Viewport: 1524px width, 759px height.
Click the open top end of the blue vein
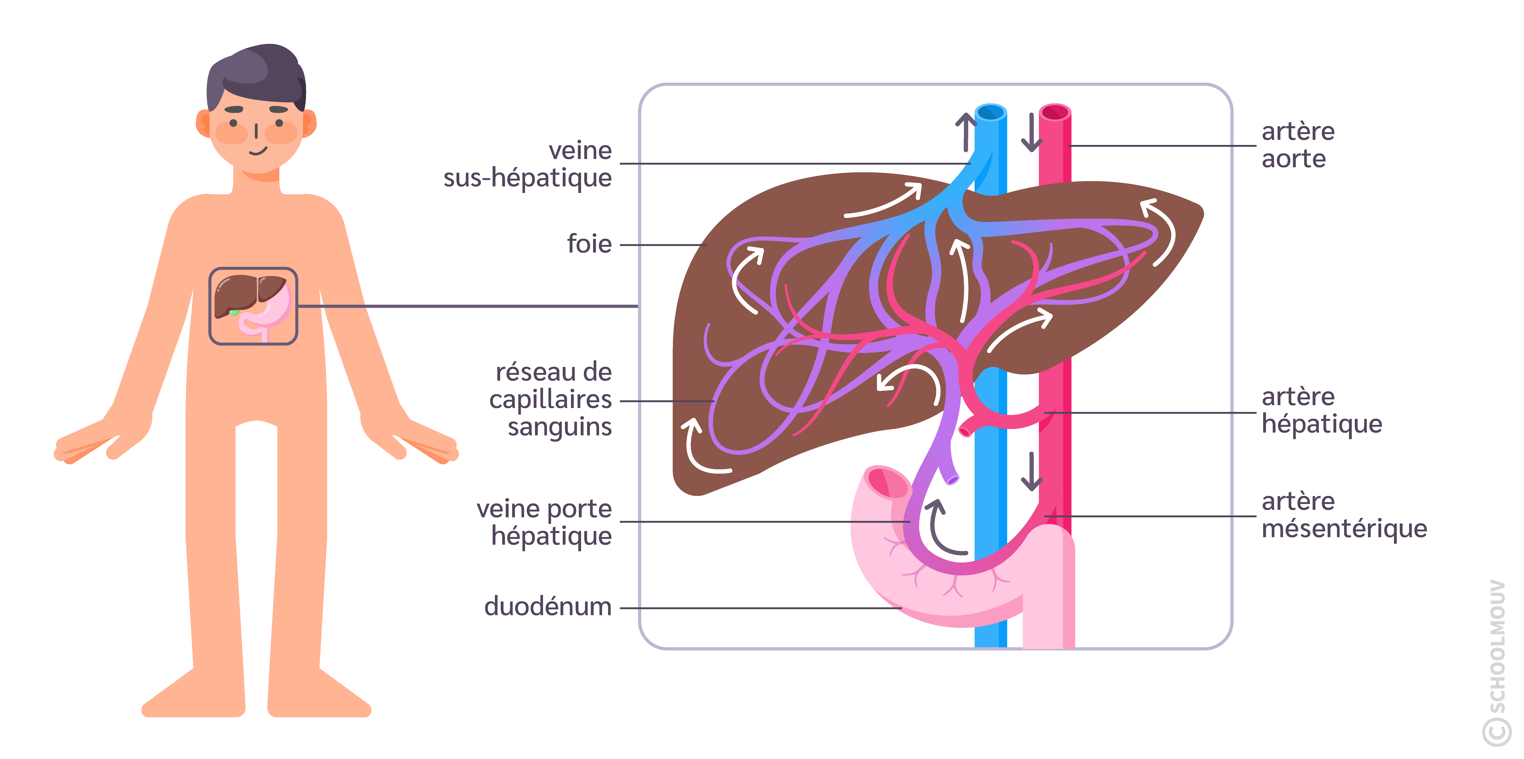990,112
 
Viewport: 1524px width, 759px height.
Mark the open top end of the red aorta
1055,112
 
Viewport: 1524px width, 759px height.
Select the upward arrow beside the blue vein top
966,131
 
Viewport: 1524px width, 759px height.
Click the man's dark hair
256,74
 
